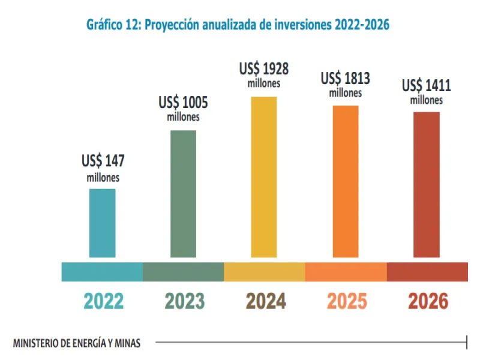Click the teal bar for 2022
coord(102,223)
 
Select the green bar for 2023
coord(183,194)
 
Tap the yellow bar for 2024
coord(264,177)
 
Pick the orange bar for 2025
coord(346,181)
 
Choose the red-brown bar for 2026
coord(427,185)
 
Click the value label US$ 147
coord(103,161)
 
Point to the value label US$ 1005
coord(183,102)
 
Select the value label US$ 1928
coord(264,69)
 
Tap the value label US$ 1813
coord(345,78)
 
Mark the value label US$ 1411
coord(426,85)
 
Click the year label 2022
coord(103,301)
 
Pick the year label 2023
coord(184,301)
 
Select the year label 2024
coord(265,301)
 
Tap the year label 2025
coord(346,301)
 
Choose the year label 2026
coord(428,301)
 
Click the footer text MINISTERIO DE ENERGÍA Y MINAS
coord(77,343)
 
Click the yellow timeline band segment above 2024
coord(264,272)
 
